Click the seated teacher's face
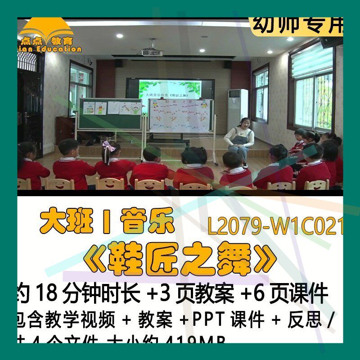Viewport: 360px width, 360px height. point(245,122)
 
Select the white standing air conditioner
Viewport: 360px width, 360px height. point(237,108)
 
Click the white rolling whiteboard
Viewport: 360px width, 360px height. point(180,116)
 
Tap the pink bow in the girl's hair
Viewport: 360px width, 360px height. point(108,146)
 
